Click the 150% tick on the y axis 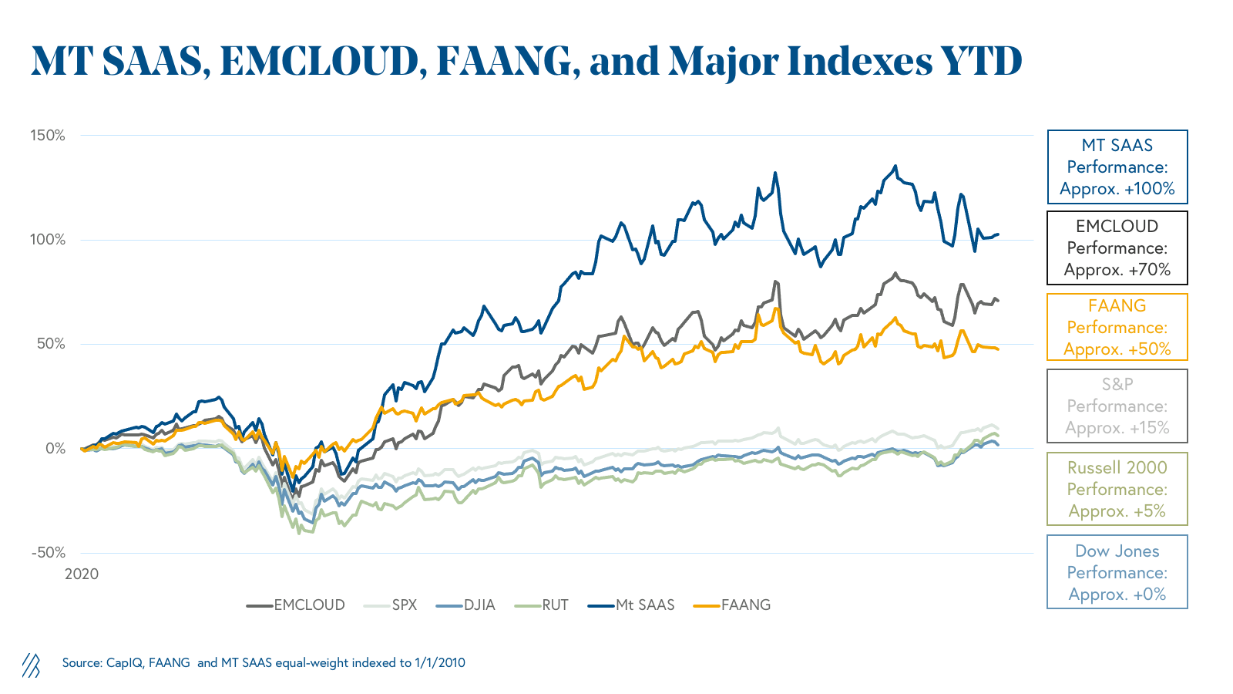point(48,136)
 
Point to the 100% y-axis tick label point(48,240)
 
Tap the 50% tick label point(51,344)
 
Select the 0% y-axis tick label point(55,448)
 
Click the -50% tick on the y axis point(48,553)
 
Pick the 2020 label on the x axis point(82,574)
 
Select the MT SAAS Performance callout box point(1117,167)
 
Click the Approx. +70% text point(1117,270)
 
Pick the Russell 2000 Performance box point(1117,489)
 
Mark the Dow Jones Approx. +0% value point(1117,595)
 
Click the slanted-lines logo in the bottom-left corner point(31,665)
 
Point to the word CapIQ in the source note point(124,662)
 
